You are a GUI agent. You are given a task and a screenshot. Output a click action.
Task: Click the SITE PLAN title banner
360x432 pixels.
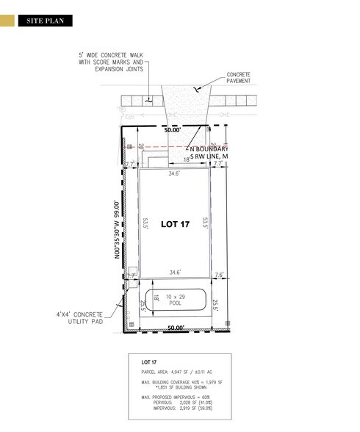[x=46, y=21]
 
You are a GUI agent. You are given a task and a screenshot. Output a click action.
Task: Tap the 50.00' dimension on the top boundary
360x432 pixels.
[x=173, y=129]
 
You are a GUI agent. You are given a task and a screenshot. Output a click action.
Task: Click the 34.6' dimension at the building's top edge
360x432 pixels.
[x=176, y=175]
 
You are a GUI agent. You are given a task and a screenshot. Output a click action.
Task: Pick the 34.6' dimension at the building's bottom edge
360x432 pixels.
[x=176, y=272]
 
